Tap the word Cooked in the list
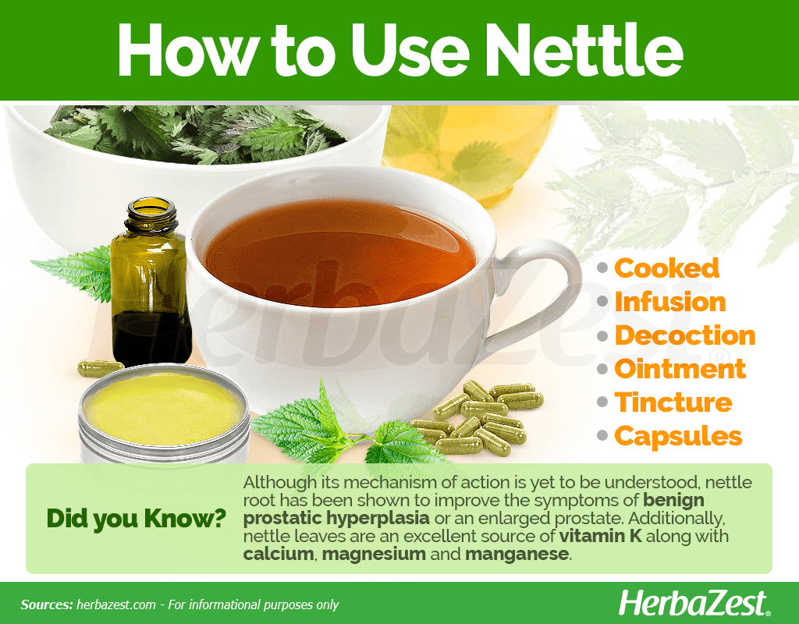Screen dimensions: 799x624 coord(666,268)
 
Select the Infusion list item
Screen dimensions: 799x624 coord(670,302)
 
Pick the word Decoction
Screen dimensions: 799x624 coord(685,335)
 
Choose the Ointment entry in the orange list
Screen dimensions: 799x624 coord(680,369)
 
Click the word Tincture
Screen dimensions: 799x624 coord(673,402)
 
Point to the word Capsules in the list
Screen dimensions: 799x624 coord(678,437)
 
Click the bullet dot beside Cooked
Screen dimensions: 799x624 coord(602,268)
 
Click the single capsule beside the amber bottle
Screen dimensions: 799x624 coord(101,368)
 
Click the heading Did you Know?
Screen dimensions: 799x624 coord(136,519)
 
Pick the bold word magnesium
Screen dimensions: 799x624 coord(374,555)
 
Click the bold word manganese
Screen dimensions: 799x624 coord(517,555)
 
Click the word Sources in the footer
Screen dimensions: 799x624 coord(46,604)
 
